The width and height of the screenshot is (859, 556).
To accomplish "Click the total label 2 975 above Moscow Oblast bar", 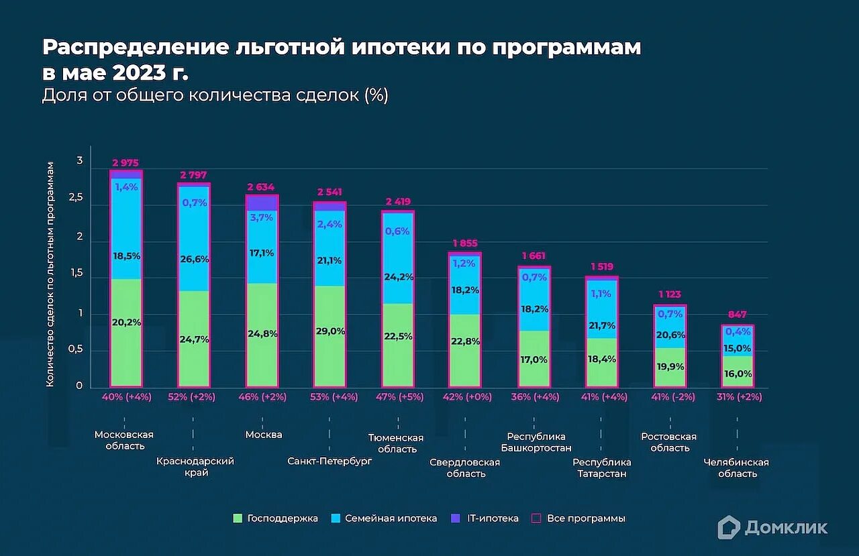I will [125, 163].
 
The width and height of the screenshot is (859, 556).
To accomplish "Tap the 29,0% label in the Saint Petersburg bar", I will [330, 331].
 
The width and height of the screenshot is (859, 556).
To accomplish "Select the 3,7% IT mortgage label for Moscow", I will [262, 217].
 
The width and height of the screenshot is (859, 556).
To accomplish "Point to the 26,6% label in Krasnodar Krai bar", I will [194, 260].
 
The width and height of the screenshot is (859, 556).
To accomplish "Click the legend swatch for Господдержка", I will [238, 518].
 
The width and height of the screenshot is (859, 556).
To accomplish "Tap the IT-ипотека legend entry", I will [493, 518].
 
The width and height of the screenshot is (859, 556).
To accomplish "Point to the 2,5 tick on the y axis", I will [79, 199].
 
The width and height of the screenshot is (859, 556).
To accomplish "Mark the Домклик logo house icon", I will [729, 527].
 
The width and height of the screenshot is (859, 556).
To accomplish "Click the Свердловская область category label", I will [465, 468].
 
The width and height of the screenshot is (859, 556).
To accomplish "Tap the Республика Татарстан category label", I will [602, 468].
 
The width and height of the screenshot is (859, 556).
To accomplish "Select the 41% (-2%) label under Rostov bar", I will [668, 397].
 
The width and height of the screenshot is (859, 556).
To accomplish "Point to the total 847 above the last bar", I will [738, 315].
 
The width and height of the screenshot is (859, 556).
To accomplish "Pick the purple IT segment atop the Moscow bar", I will [262, 203].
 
